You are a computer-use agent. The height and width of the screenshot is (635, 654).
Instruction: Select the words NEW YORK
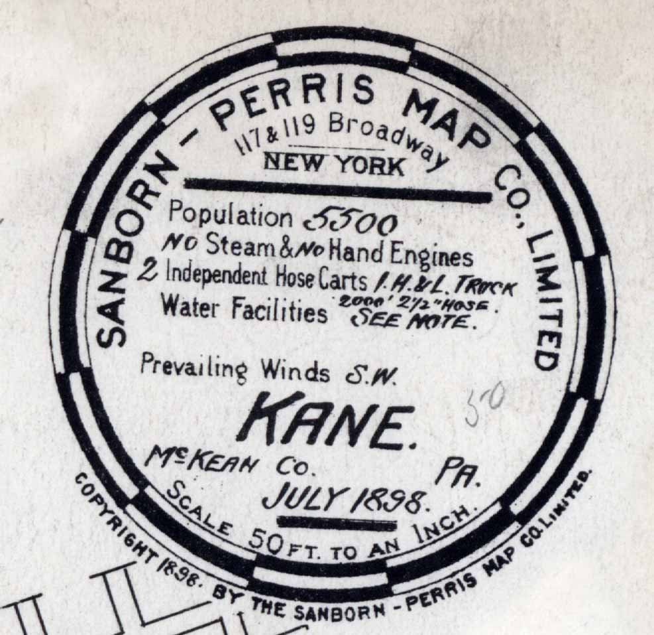333,163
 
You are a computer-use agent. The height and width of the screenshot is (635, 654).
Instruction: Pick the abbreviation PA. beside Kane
451,473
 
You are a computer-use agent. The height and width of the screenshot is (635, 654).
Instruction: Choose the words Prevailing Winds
234,369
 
